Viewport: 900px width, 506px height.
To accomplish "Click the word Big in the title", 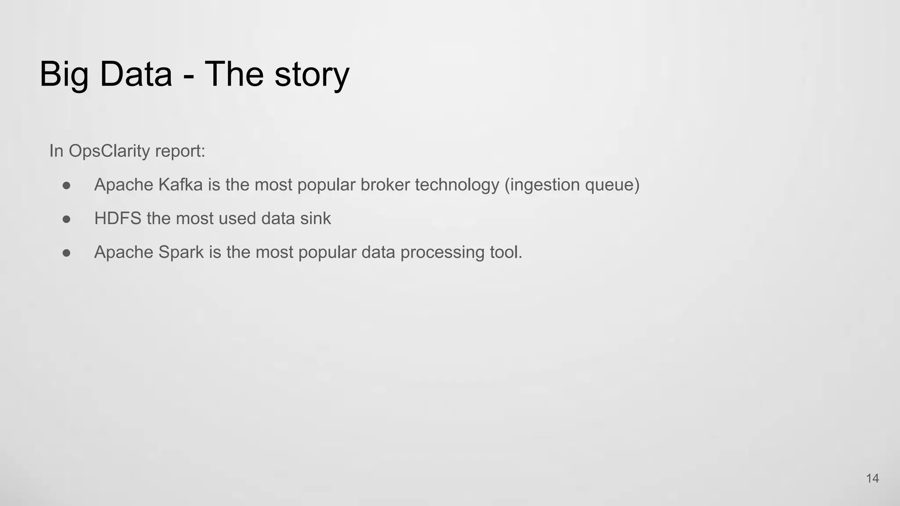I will point(64,75).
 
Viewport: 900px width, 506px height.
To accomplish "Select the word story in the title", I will point(312,75).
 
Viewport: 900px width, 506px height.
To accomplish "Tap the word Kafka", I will point(180,184).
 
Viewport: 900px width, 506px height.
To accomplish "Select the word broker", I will point(385,184).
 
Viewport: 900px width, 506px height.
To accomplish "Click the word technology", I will point(457,185).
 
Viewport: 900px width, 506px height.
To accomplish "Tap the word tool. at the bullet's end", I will point(506,252).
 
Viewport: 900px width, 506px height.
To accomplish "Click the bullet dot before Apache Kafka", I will point(67,185).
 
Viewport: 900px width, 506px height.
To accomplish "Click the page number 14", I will point(872,478).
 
